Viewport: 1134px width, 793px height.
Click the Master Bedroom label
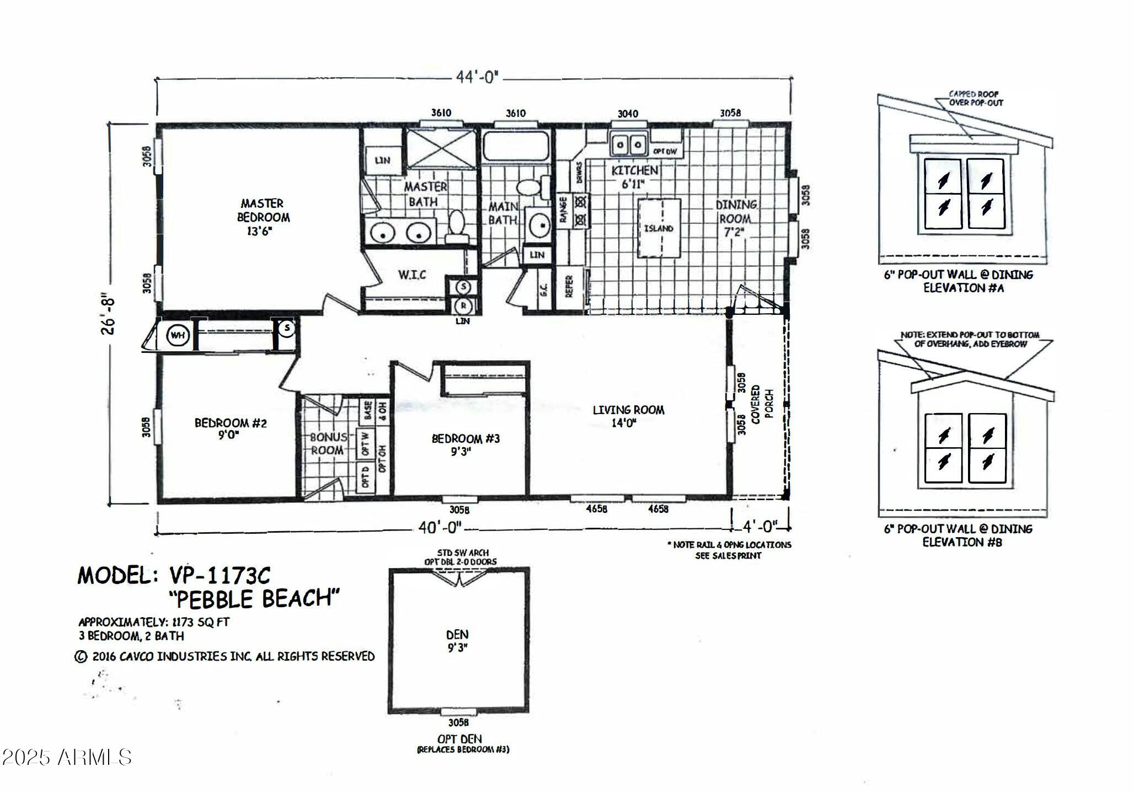pyautogui.click(x=263, y=217)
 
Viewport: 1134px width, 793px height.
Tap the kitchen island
pyautogui.click(x=659, y=228)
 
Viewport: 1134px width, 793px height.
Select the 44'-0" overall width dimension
pyautogui.click(x=476, y=77)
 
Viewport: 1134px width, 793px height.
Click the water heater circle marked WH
pyautogui.click(x=178, y=335)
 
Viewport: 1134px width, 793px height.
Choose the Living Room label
pyautogui.click(x=628, y=416)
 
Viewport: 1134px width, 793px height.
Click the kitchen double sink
pyautogui.click(x=628, y=145)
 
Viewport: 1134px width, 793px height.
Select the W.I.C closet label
pyautogui.click(x=412, y=274)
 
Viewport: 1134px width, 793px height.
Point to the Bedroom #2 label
pyautogui.click(x=230, y=428)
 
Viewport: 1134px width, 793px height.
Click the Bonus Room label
pyautogui.click(x=328, y=443)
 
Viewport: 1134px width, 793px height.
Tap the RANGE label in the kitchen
pyautogui.click(x=563, y=211)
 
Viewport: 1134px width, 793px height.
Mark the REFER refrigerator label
pyautogui.click(x=569, y=287)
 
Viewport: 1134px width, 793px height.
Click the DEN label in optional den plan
pyautogui.click(x=457, y=640)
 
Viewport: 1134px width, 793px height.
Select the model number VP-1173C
pyautogui.click(x=220, y=575)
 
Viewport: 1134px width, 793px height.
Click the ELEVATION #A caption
pyautogui.click(x=963, y=288)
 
